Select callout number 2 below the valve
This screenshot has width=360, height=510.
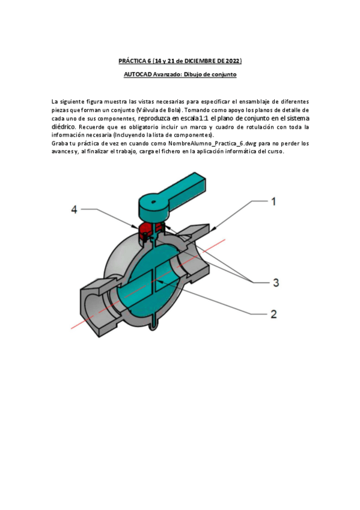pyautogui.click(x=273, y=313)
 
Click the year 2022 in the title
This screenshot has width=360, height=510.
pyautogui.click(x=232, y=61)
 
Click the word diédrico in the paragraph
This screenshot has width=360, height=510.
pyautogui.click(x=64, y=127)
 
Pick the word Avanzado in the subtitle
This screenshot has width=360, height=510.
pyautogui.click(x=168, y=74)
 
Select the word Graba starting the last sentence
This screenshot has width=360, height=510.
pyautogui.click(x=60, y=144)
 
